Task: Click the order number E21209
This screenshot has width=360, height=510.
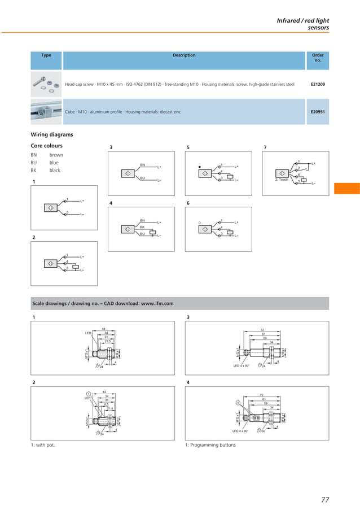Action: point(317,84)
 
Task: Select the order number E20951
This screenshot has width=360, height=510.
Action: point(317,112)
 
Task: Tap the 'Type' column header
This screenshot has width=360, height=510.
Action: point(46,55)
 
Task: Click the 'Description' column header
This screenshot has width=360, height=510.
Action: point(184,55)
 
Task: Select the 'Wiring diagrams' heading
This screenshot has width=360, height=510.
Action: point(51,134)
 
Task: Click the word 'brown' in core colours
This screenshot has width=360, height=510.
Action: point(56,155)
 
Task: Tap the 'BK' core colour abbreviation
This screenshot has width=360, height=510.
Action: point(34,170)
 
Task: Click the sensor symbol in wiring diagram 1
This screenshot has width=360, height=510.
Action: point(51,207)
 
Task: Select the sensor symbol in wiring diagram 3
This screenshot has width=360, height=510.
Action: point(128,172)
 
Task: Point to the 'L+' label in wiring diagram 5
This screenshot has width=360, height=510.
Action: point(236,167)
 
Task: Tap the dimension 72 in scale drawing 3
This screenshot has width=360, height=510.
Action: point(262,329)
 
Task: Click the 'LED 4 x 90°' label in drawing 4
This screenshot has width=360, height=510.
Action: point(240,431)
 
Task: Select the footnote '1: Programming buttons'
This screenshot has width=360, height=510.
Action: point(210,445)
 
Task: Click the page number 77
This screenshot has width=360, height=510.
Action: point(324,499)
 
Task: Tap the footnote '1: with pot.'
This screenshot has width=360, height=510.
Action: point(43,445)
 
